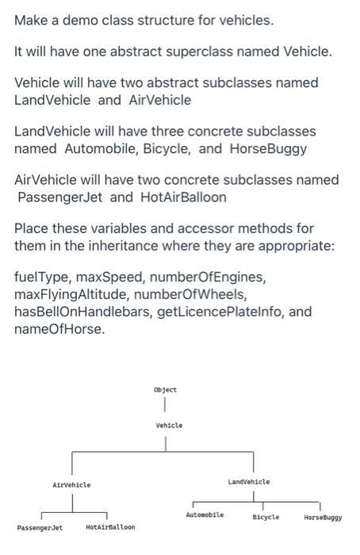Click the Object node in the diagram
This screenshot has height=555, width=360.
pyautogui.click(x=166, y=390)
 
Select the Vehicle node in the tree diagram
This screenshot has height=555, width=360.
pyautogui.click(x=169, y=426)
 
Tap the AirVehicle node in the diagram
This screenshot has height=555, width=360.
pyautogui.click(x=71, y=484)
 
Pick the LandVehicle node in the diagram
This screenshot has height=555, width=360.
pyautogui.click(x=248, y=481)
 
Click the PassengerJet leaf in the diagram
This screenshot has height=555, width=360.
pyautogui.click(x=40, y=526)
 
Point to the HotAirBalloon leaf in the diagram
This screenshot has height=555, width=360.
pyautogui.click(x=110, y=526)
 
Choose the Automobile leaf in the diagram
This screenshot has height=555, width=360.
pyautogui.click(x=205, y=515)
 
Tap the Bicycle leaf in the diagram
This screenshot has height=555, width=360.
pyautogui.click(x=266, y=517)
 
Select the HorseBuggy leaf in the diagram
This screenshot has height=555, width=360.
pyautogui.click(x=323, y=517)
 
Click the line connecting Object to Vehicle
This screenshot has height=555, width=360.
pyautogui.click(x=166, y=407)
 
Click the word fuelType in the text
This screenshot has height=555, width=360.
pyautogui.click(x=42, y=277)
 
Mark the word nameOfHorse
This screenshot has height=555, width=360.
pyautogui.click(x=59, y=328)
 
